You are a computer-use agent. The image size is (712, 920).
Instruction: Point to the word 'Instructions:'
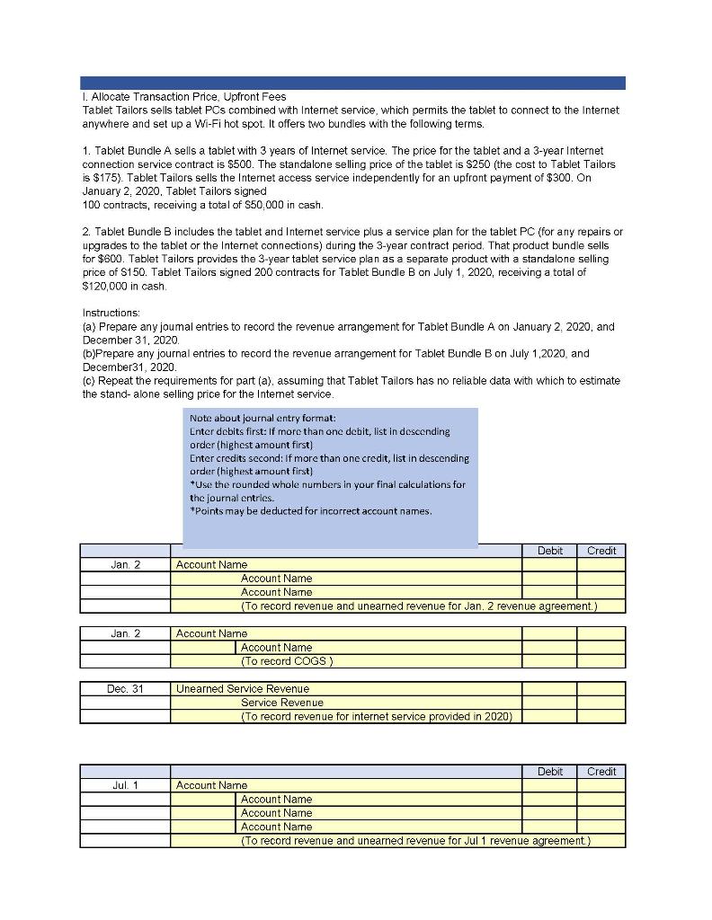[x=111, y=312]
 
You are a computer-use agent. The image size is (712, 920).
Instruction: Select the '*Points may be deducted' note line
[x=311, y=511]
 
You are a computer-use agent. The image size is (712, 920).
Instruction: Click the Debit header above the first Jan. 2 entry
[x=549, y=551]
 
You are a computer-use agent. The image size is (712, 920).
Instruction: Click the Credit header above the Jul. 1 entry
[x=601, y=772]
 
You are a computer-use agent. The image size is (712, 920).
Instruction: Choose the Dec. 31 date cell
[x=125, y=689]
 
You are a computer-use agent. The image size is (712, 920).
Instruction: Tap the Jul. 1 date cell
[x=125, y=785]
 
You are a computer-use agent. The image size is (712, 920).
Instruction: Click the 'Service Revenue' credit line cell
[x=281, y=703]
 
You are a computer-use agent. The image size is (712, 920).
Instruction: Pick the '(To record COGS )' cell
[x=287, y=661]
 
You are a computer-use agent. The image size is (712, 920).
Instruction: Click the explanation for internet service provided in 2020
[x=376, y=716]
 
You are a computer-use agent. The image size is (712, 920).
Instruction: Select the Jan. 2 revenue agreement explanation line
[x=418, y=606]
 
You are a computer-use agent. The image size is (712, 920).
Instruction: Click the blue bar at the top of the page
[x=352, y=83]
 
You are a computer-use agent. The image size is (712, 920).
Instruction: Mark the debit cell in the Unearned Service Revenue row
[x=549, y=689]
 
